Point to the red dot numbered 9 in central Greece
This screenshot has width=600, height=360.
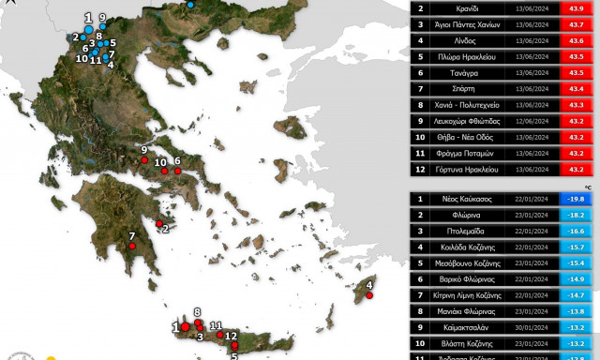point(145,160)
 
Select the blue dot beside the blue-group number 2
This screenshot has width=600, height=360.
point(82,38)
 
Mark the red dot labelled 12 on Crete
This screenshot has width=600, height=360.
point(234,345)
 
